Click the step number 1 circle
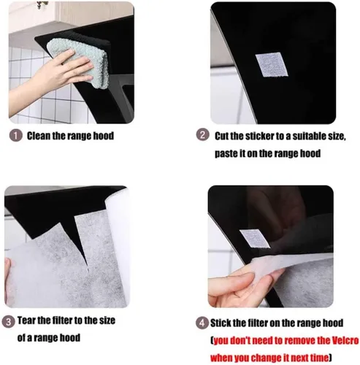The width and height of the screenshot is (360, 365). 16,136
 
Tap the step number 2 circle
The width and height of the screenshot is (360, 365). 202,134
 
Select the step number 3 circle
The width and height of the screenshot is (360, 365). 8,322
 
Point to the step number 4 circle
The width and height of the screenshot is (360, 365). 202,323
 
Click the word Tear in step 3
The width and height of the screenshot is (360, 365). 26,320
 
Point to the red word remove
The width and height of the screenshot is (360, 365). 305,341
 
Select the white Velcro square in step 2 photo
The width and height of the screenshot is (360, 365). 272,65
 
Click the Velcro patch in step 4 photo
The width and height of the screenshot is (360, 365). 255,239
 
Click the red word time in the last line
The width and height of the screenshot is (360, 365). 319,358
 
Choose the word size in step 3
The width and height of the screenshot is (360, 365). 107,320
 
